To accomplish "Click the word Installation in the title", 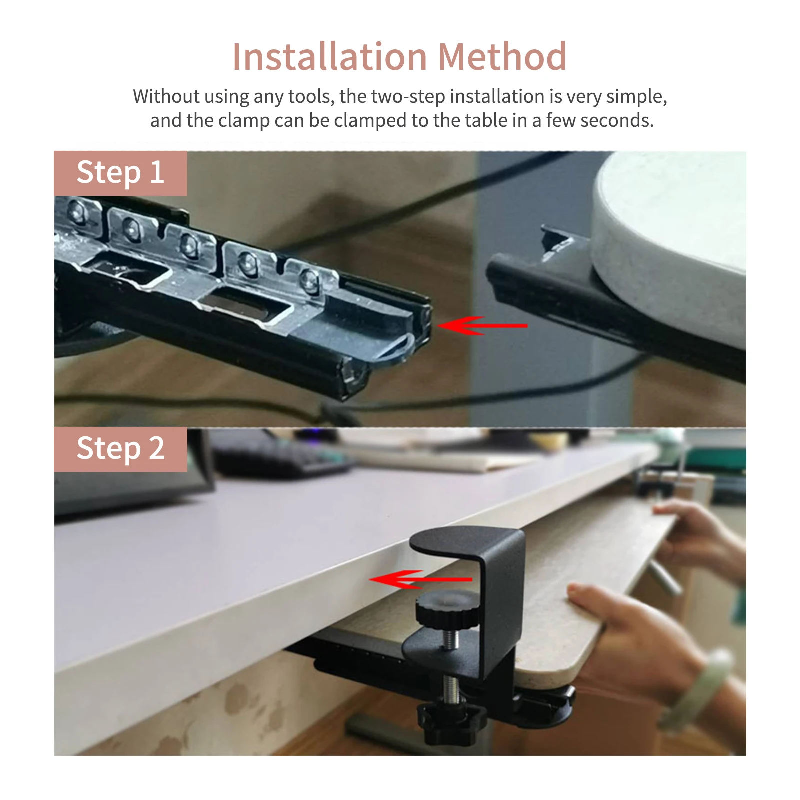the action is point(330,56).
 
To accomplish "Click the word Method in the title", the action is point(502,56).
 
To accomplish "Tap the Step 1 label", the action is point(120,173).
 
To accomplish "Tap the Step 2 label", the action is point(120,449).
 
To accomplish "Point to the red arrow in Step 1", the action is point(482,325).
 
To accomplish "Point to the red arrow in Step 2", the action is point(420,579).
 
